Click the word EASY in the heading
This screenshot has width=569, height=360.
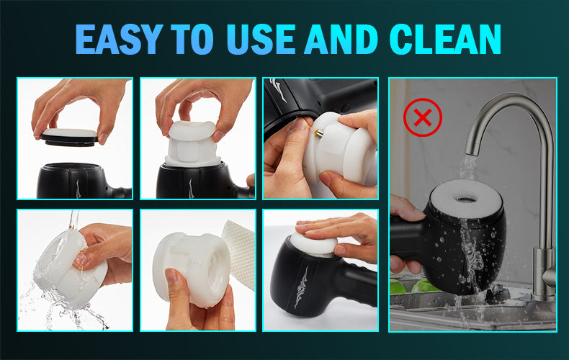[118, 39]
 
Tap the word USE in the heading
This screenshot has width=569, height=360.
[261, 39]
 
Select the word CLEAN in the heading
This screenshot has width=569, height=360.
[445, 39]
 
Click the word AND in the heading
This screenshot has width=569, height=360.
[341, 39]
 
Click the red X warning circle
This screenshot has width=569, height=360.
[423, 117]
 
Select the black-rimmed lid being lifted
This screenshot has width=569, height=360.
[69, 138]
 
